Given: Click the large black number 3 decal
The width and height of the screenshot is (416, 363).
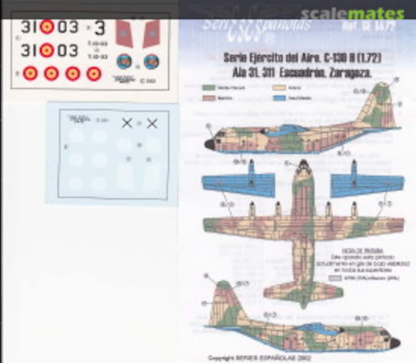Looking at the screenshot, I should coord(99,28).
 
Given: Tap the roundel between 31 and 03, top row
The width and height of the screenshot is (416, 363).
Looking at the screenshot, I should coord(47,27).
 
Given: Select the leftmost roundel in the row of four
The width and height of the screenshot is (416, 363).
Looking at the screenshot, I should coord(30,73).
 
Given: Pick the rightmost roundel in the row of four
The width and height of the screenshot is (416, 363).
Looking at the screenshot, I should coord(94,73).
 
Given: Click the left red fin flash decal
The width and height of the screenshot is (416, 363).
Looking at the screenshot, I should coord(124,33).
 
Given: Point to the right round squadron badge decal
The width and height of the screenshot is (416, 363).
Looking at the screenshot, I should coord(151,61).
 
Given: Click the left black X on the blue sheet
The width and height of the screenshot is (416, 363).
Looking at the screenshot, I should coord(127,123).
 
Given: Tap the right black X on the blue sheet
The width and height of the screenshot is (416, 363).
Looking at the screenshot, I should coord(152,123).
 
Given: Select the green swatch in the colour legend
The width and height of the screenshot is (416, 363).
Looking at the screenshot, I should coord(208,88).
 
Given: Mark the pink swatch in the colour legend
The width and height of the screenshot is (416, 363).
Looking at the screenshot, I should coord(208,98).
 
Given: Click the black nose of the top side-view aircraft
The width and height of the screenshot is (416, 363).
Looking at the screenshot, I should coord(210,145).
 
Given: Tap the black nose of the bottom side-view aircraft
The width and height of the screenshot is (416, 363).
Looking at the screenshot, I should coord(395,343).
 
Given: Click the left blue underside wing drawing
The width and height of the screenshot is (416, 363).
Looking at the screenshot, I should coord(239,184).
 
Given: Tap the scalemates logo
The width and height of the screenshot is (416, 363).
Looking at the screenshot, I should coord(352,13).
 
